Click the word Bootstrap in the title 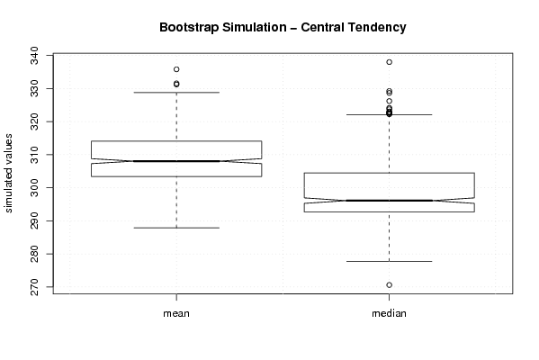point(189,28)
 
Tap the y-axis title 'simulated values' point(7,174)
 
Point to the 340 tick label point(35,56)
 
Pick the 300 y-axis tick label point(35,188)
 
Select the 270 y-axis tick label point(35,287)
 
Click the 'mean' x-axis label point(176,313)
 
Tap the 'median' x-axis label point(389,313)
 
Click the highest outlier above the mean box point(176,69)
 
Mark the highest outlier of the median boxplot point(389,62)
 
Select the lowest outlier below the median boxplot point(389,285)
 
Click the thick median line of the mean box point(176,161)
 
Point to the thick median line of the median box point(389,201)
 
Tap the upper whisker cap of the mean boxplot point(176,92)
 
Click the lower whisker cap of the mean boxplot point(176,228)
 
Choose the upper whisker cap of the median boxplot point(389,114)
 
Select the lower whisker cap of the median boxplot point(389,261)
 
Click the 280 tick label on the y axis point(35,254)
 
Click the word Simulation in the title point(255,28)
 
